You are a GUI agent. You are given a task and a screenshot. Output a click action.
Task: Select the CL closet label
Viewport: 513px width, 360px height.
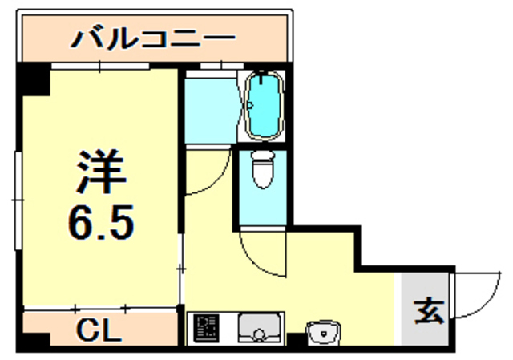click(x=100, y=330)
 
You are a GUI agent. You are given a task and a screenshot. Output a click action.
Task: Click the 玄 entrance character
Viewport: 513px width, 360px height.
click(x=429, y=310)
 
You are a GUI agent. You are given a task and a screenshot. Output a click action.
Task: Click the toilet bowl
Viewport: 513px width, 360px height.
click(x=262, y=168)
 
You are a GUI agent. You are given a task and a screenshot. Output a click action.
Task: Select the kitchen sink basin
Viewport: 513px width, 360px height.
click(x=256, y=329)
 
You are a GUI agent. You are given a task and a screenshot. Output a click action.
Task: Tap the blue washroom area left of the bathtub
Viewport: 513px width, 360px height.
click(x=210, y=107)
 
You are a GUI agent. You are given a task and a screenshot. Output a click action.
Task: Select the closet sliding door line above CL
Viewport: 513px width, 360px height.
click(x=100, y=308)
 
